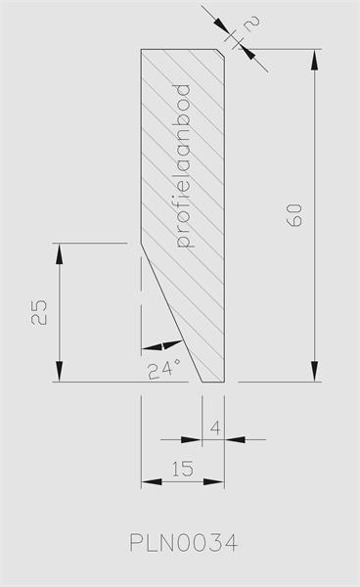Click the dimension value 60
pyautogui.click(x=293, y=215)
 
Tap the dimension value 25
pyautogui.click(x=39, y=312)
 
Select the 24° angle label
pyautogui.click(x=165, y=370)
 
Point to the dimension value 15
pyautogui.click(x=183, y=469)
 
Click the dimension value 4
pyautogui.click(x=215, y=428)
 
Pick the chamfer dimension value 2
pyautogui.click(x=250, y=23)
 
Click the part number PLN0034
pyautogui.click(x=183, y=543)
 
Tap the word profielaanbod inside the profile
pyautogui.click(x=183, y=166)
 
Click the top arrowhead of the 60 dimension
pyautogui.click(x=315, y=59)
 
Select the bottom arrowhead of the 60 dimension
pyautogui.click(x=315, y=372)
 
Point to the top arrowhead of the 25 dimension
pyautogui.click(x=59, y=253)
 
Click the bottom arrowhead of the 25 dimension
pyautogui.click(x=59, y=372)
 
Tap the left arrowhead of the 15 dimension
pyautogui.click(x=152, y=481)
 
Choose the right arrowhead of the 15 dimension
pyautogui.click(x=214, y=481)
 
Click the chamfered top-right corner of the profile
pyautogui.click(x=221, y=53)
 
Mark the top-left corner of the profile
pyautogui.click(x=141, y=49)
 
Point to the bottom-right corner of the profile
pyautogui.click(x=225, y=382)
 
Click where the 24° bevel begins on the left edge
pyautogui.click(x=141, y=244)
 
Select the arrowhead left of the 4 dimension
pyautogui.click(x=192, y=439)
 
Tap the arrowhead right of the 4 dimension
pyautogui.click(x=235, y=439)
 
